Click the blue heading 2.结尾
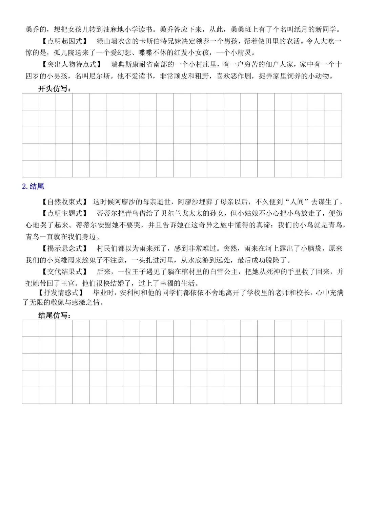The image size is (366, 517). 33,186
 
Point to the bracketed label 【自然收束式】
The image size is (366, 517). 64,202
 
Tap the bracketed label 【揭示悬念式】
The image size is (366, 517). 64,249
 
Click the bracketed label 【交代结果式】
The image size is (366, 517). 64,272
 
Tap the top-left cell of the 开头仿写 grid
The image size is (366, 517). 30,102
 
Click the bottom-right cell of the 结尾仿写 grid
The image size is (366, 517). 333,395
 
